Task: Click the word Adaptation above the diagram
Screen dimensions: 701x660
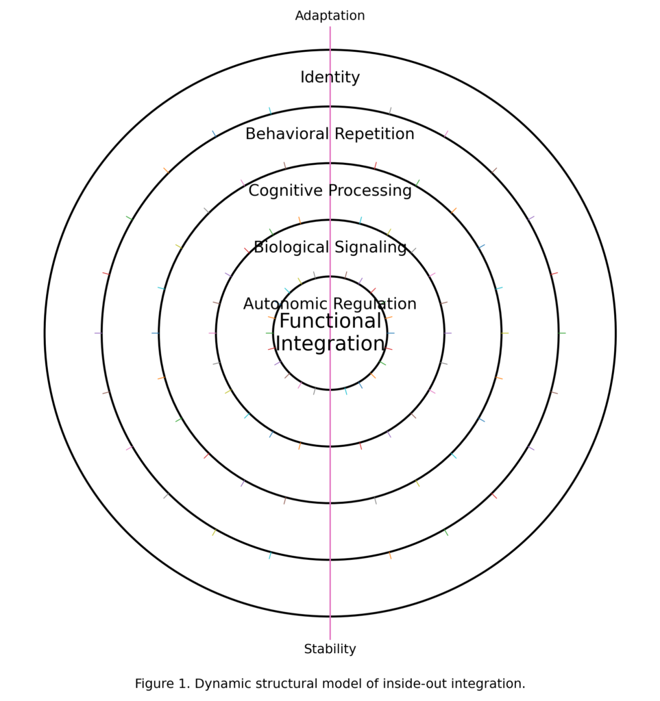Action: [330, 16]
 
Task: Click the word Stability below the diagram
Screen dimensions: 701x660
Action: [330, 649]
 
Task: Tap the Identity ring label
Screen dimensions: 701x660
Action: [330, 77]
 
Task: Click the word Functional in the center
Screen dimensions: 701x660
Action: [330, 322]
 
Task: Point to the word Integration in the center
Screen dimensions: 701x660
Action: [330, 344]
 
